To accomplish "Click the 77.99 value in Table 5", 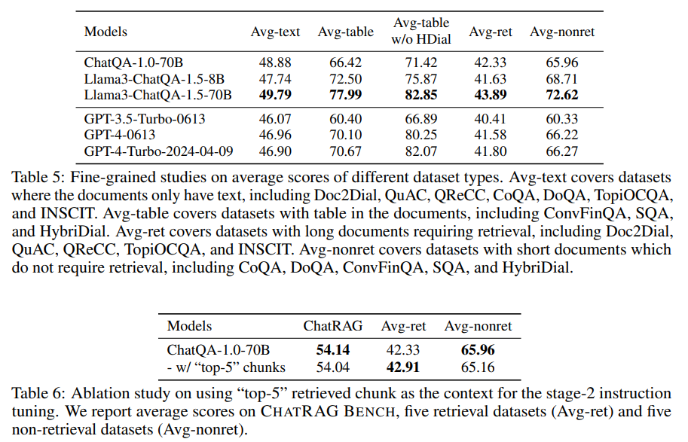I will click(x=345, y=94).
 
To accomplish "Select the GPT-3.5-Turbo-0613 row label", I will click(x=145, y=119).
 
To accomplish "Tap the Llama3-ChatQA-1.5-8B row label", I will click(x=154, y=78).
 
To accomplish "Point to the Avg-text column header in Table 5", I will click(x=275, y=32).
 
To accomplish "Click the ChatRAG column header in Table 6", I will click(x=333, y=326).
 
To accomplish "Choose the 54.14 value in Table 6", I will click(x=333, y=351).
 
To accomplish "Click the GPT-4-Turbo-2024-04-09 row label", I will click(x=158, y=151).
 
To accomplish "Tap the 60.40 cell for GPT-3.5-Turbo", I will click(x=345, y=119).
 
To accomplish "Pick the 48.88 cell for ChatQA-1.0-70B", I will click(x=275, y=62).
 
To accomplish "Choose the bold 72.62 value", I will click(x=561, y=94).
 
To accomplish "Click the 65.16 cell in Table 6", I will click(x=479, y=367).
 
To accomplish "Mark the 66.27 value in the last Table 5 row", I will click(x=561, y=151).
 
